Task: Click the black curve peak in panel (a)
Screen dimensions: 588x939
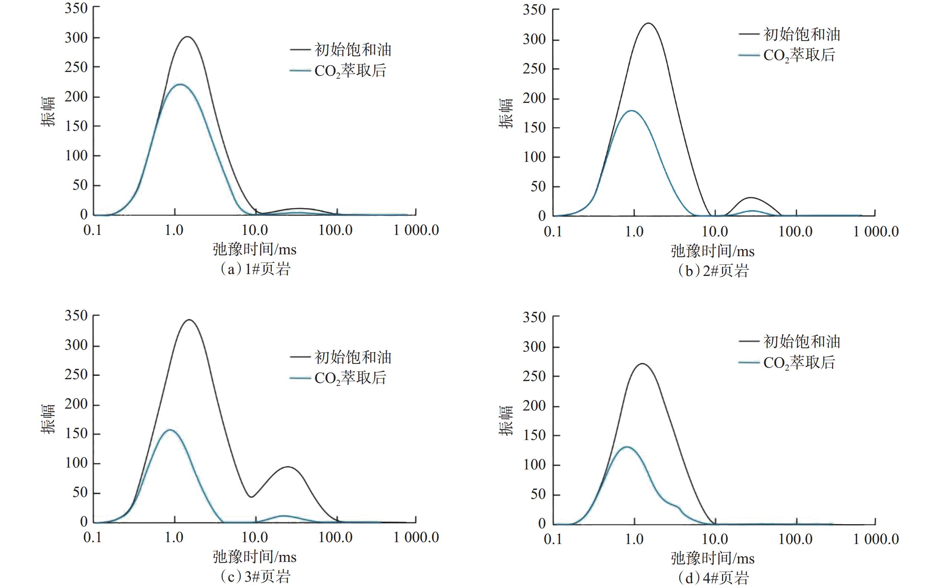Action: tap(188, 37)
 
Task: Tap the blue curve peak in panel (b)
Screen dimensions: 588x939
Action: tap(631, 111)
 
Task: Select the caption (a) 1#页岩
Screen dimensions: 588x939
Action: tap(255, 269)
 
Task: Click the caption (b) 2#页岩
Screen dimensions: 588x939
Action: tap(713, 271)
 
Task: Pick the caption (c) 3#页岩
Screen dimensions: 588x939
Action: tap(255, 576)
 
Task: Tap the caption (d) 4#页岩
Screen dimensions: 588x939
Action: tap(713, 578)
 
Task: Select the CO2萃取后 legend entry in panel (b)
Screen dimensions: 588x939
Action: tap(787, 55)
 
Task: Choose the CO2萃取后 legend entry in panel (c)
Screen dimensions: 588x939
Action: tap(338, 378)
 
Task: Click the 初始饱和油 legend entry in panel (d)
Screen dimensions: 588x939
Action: tap(789, 342)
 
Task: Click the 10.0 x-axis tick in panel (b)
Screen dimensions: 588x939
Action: tap(715, 232)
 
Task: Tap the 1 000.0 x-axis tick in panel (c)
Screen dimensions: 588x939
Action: tap(416, 537)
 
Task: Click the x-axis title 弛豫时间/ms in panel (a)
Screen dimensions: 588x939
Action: tap(255, 249)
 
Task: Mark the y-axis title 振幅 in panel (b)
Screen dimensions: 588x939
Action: tap(506, 113)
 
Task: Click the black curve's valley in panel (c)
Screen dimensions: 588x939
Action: tap(252, 497)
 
